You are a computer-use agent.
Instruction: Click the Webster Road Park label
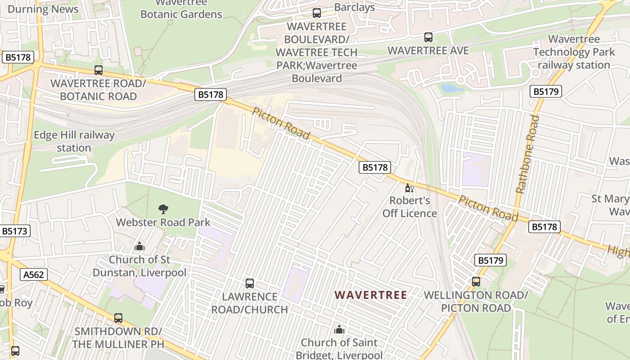point(163,222)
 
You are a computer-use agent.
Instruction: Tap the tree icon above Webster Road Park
point(163,209)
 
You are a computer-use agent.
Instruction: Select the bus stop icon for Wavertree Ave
point(428,37)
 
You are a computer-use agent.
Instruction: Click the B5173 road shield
point(15,231)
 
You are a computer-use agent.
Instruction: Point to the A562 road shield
point(34,274)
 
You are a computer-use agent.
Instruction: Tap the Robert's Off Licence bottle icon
point(409,188)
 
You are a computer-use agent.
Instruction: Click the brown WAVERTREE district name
point(371,295)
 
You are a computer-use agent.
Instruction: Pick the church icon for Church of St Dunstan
point(139,246)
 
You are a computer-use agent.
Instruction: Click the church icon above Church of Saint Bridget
point(339,329)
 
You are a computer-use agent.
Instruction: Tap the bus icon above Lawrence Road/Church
point(250,283)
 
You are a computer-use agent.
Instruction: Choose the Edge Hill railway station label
point(74,141)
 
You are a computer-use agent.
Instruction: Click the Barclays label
point(355,8)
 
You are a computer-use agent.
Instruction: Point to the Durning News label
point(43,9)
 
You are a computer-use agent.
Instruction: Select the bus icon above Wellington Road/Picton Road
point(476,282)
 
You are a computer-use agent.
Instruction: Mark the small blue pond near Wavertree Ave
point(452,88)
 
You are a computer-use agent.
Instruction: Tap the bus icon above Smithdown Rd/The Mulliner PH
point(118,318)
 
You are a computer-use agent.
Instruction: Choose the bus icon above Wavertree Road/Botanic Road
point(99,70)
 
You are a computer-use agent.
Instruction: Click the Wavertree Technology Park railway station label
point(574,52)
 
